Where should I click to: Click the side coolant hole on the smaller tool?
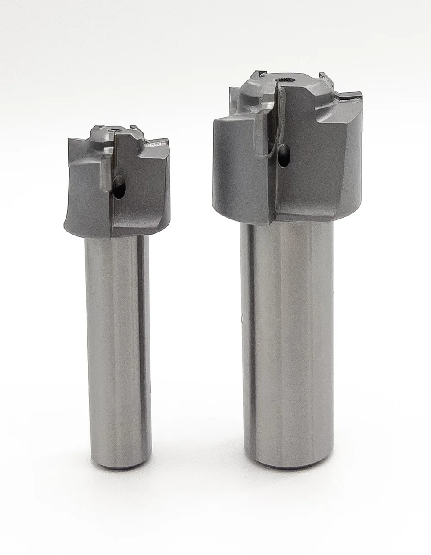119,187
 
